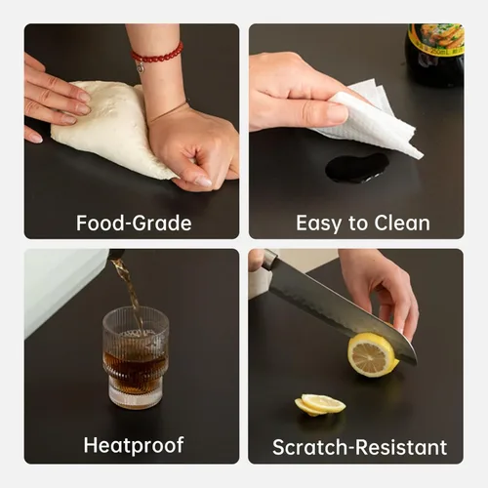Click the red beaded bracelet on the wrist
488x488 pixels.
[x=157, y=55]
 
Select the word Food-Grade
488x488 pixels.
[x=134, y=224]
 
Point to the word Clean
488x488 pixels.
[x=402, y=224]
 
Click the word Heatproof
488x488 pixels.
[x=134, y=445]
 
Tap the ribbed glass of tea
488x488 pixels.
[x=136, y=358]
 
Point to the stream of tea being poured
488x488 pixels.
[x=129, y=286]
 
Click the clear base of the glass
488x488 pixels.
[x=136, y=393]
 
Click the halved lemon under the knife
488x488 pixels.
[x=373, y=354]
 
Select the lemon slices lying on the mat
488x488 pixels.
[x=320, y=405]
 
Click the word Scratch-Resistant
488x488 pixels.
[x=359, y=447]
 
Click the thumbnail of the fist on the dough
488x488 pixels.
[x=204, y=181]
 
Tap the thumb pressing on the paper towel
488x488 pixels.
[x=322, y=112]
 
